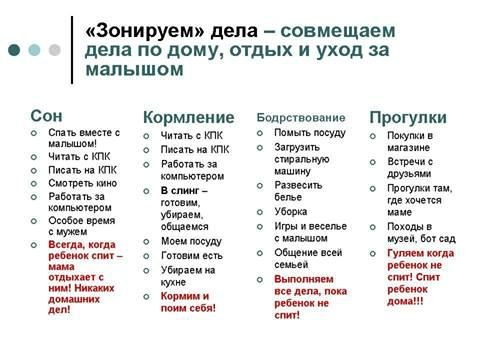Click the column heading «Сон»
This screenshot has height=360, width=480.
coord(46,115)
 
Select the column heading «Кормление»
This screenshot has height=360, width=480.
coord(188,118)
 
